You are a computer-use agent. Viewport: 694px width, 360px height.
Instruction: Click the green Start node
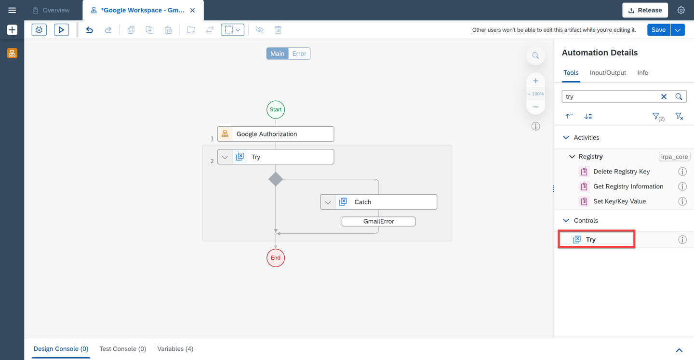tap(276, 109)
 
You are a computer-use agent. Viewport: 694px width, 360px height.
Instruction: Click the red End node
tap(276, 258)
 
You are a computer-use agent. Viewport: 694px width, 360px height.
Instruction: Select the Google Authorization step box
tap(276, 134)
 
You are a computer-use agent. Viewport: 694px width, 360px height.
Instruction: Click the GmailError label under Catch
tap(379, 221)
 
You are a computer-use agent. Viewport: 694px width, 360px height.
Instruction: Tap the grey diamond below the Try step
tap(276, 179)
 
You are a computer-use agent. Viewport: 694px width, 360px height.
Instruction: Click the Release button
tap(645, 10)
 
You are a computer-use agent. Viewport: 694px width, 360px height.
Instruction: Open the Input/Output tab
tap(608, 72)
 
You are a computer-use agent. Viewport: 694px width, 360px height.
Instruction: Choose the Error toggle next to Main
tap(299, 53)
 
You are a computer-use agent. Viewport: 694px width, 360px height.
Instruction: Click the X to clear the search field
tap(664, 97)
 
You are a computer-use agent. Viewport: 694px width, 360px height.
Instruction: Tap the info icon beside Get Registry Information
tap(682, 187)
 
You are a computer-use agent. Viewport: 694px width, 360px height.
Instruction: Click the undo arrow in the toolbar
tap(89, 30)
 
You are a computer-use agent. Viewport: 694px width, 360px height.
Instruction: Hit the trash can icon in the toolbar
tap(278, 30)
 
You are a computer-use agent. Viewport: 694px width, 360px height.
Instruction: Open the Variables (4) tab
tap(175, 349)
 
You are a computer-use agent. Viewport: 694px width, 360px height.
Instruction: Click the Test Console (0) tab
tap(123, 349)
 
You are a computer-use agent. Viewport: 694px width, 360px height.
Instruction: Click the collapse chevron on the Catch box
tap(328, 202)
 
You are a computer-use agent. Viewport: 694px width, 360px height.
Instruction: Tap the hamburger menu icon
tap(12, 10)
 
